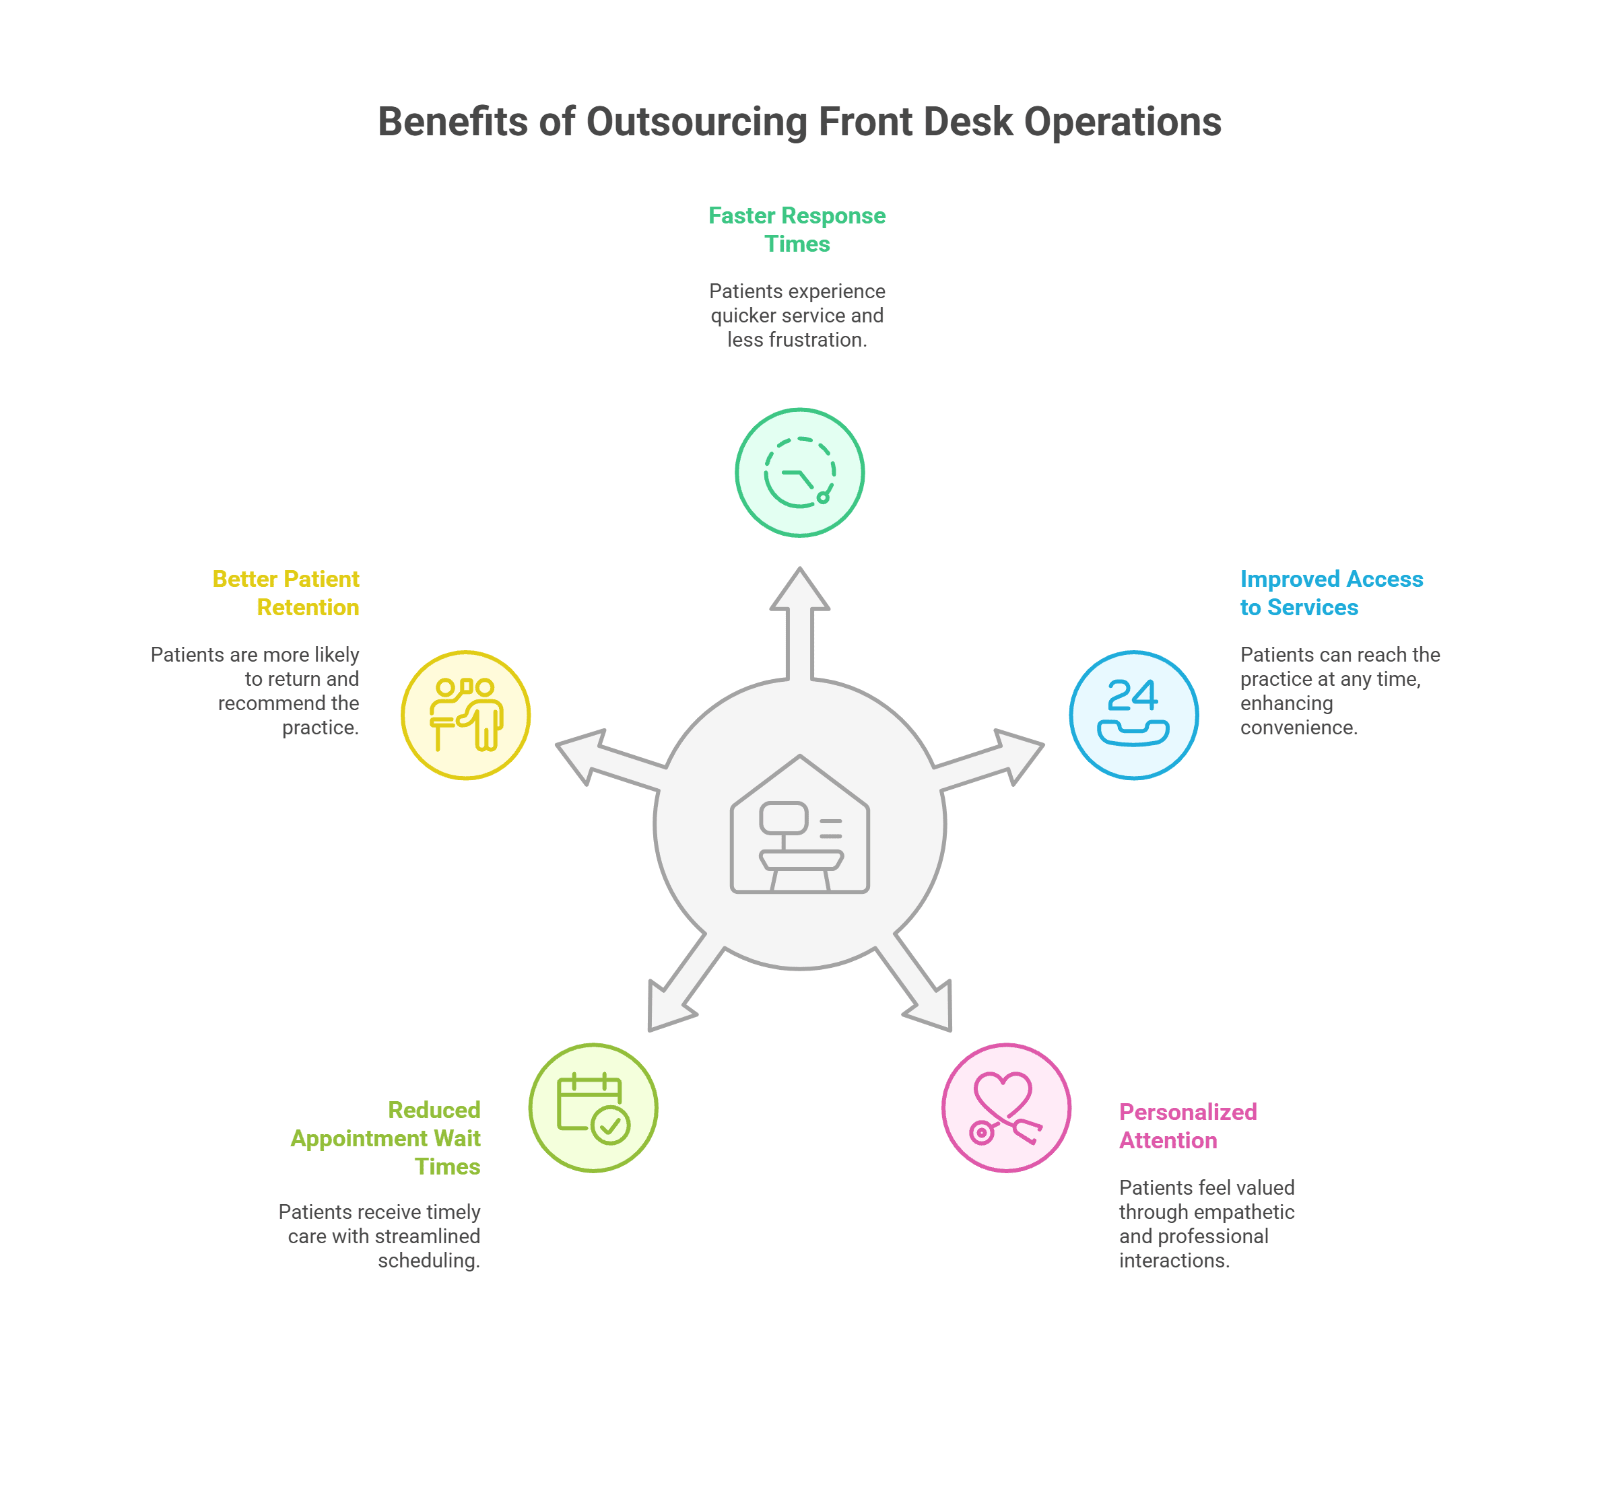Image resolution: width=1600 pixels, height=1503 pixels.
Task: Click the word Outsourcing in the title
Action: pos(696,123)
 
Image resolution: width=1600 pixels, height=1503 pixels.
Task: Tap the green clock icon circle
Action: pos(799,473)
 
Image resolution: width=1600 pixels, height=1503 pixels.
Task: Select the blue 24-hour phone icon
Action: pos(1133,715)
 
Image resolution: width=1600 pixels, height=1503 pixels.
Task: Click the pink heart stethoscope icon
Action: pos(1006,1107)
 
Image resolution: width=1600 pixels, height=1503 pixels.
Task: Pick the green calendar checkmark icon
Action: pos(593,1107)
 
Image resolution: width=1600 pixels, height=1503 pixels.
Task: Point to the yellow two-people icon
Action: pos(465,715)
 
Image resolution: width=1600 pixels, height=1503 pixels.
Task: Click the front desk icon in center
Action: pos(799,825)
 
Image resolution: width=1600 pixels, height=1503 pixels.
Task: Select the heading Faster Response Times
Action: pos(797,230)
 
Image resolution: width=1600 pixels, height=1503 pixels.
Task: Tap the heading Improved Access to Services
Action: pos(1331,593)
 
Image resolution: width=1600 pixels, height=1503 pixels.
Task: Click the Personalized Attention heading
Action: pos(1187,1125)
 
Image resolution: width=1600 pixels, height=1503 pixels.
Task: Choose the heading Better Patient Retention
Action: pos(286,593)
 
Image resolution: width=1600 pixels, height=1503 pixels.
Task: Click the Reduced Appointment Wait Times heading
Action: pos(387,1138)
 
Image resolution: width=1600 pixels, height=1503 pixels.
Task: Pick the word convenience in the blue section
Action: pos(1298,728)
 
